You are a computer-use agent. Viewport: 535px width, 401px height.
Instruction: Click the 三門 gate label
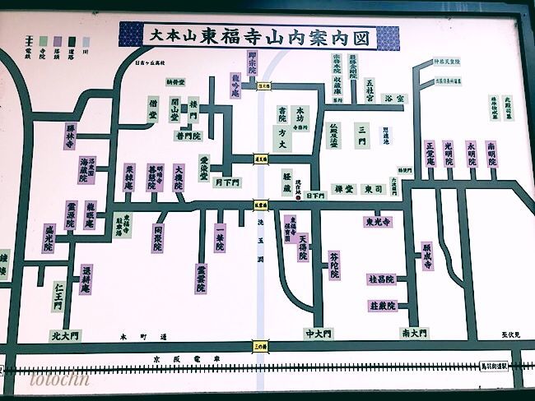click(361, 135)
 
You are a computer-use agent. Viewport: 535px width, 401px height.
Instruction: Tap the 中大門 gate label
click(317, 334)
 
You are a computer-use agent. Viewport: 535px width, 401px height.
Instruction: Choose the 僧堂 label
click(153, 109)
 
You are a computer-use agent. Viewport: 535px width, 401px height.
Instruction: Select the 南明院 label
click(491, 154)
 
